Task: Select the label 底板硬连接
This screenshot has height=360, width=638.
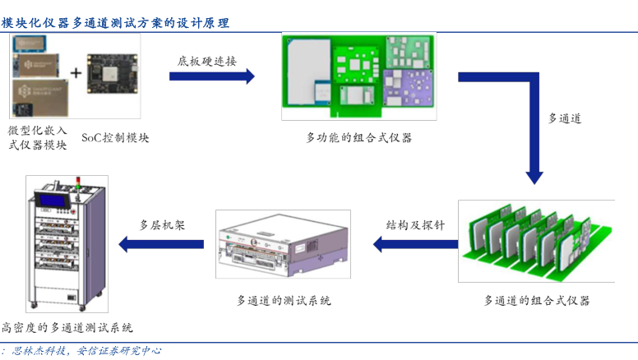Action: [x=206, y=61]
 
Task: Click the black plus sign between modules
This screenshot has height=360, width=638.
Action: [x=76, y=73]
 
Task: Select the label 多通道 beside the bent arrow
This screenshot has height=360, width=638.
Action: [x=565, y=118]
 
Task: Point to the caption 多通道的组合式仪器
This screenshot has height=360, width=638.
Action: [x=537, y=300]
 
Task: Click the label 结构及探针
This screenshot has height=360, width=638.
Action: [x=416, y=224]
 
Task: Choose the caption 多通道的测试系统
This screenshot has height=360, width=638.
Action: [x=284, y=300]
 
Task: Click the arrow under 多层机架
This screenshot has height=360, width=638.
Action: [x=161, y=243]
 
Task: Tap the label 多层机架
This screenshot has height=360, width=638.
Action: [x=162, y=224]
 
